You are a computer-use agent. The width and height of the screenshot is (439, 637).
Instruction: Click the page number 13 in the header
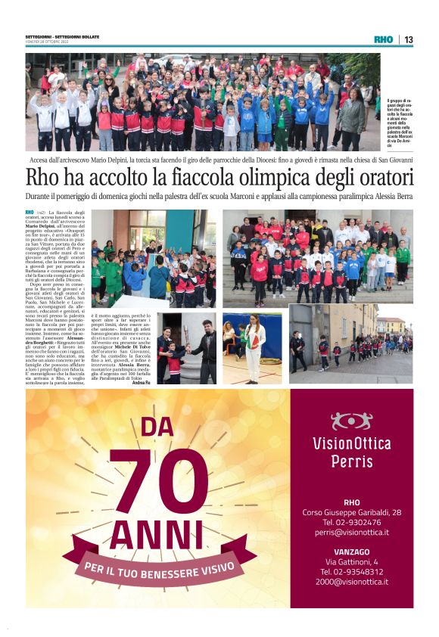409,39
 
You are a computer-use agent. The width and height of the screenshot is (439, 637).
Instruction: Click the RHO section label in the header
383,39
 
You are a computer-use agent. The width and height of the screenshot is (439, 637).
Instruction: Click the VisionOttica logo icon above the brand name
351,421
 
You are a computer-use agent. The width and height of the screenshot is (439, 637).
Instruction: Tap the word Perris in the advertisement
351,461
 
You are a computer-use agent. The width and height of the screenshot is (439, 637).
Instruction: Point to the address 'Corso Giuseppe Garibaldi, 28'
351,512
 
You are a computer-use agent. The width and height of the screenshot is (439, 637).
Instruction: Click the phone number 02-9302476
351,522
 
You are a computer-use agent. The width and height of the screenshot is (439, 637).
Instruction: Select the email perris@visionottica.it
351,532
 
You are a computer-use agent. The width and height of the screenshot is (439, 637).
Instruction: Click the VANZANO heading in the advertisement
351,552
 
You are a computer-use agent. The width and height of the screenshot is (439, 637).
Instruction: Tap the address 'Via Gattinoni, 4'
351,562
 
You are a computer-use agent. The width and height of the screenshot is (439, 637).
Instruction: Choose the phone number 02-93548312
351,572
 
